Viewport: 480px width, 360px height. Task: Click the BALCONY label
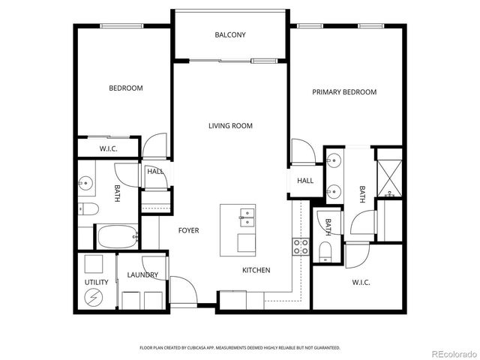[x=229, y=35]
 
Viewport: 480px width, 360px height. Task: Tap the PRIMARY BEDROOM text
[x=344, y=91]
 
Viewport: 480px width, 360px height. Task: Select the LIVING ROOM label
[x=230, y=126]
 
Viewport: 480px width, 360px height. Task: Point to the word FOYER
[x=188, y=230]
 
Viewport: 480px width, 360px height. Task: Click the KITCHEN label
[x=256, y=270]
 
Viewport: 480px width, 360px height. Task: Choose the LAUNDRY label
[x=142, y=275]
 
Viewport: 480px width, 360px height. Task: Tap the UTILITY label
[x=96, y=282]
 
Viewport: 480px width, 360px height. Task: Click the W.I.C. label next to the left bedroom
[x=109, y=149]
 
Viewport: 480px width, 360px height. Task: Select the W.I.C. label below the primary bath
[x=361, y=282]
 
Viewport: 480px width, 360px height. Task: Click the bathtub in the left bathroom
[x=117, y=237]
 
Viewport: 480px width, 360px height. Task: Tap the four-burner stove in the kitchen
[x=301, y=247]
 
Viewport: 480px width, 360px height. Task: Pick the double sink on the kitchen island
[x=246, y=217]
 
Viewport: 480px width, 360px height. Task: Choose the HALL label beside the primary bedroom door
[x=305, y=181]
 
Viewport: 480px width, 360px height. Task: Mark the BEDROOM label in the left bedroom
[x=125, y=88]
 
